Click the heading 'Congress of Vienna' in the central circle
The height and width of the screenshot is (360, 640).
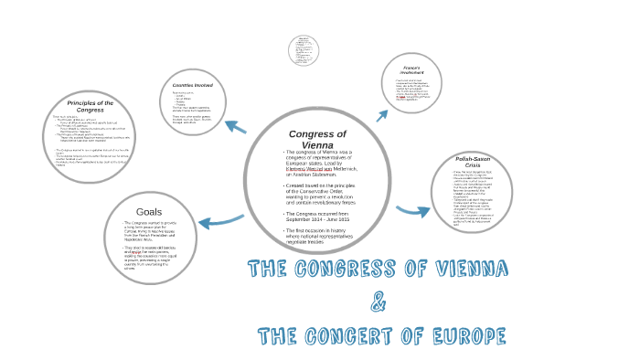pyautogui.click(x=316, y=138)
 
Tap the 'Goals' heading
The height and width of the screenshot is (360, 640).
pyautogui.click(x=148, y=211)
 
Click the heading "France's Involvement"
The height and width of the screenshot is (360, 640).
pyautogui.click(x=411, y=70)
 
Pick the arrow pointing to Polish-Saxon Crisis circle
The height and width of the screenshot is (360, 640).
pyautogui.click(x=412, y=211)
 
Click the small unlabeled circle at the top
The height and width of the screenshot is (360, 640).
pyautogui.click(x=304, y=50)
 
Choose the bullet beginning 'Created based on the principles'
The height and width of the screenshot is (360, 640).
pyautogui.click(x=316, y=193)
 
